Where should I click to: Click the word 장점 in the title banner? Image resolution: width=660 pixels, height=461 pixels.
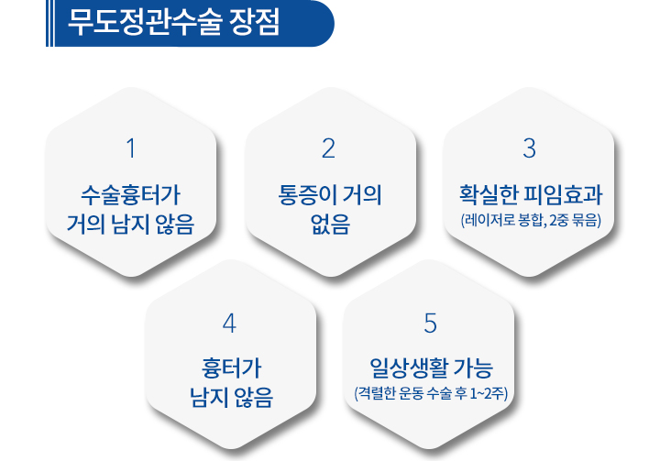pyautogui.click(x=255, y=22)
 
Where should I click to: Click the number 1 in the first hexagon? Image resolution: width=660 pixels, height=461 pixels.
pyautogui.click(x=131, y=148)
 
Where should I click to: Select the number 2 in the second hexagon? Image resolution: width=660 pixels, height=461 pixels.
pyautogui.click(x=329, y=148)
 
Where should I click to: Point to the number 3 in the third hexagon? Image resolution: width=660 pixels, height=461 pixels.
pyautogui.click(x=529, y=148)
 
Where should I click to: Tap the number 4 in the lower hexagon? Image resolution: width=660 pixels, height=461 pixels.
pyautogui.click(x=229, y=324)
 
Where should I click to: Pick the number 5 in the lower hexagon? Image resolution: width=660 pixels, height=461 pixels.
pyautogui.click(x=430, y=324)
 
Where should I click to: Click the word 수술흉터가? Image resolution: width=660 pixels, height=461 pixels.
pyautogui.click(x=130, y=195)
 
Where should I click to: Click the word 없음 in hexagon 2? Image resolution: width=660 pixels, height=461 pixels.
pyautogui.click(x=330, y=224)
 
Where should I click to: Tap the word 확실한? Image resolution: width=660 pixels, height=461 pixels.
pyautogui.click(x=489, y=195)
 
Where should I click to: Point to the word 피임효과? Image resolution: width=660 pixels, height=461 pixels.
pyautogui.click(x=563, y=195)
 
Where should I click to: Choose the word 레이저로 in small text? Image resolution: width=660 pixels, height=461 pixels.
pyautogui.click(x=489, y=220)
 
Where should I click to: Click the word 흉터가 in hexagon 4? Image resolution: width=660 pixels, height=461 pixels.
pyautogui.click(x=232, y=368)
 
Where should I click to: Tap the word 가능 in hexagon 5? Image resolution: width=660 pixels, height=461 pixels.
pyautogui.click(x=474, y=368)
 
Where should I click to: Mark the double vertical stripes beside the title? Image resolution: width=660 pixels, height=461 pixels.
pyautogui.click(x=49, y=23)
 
